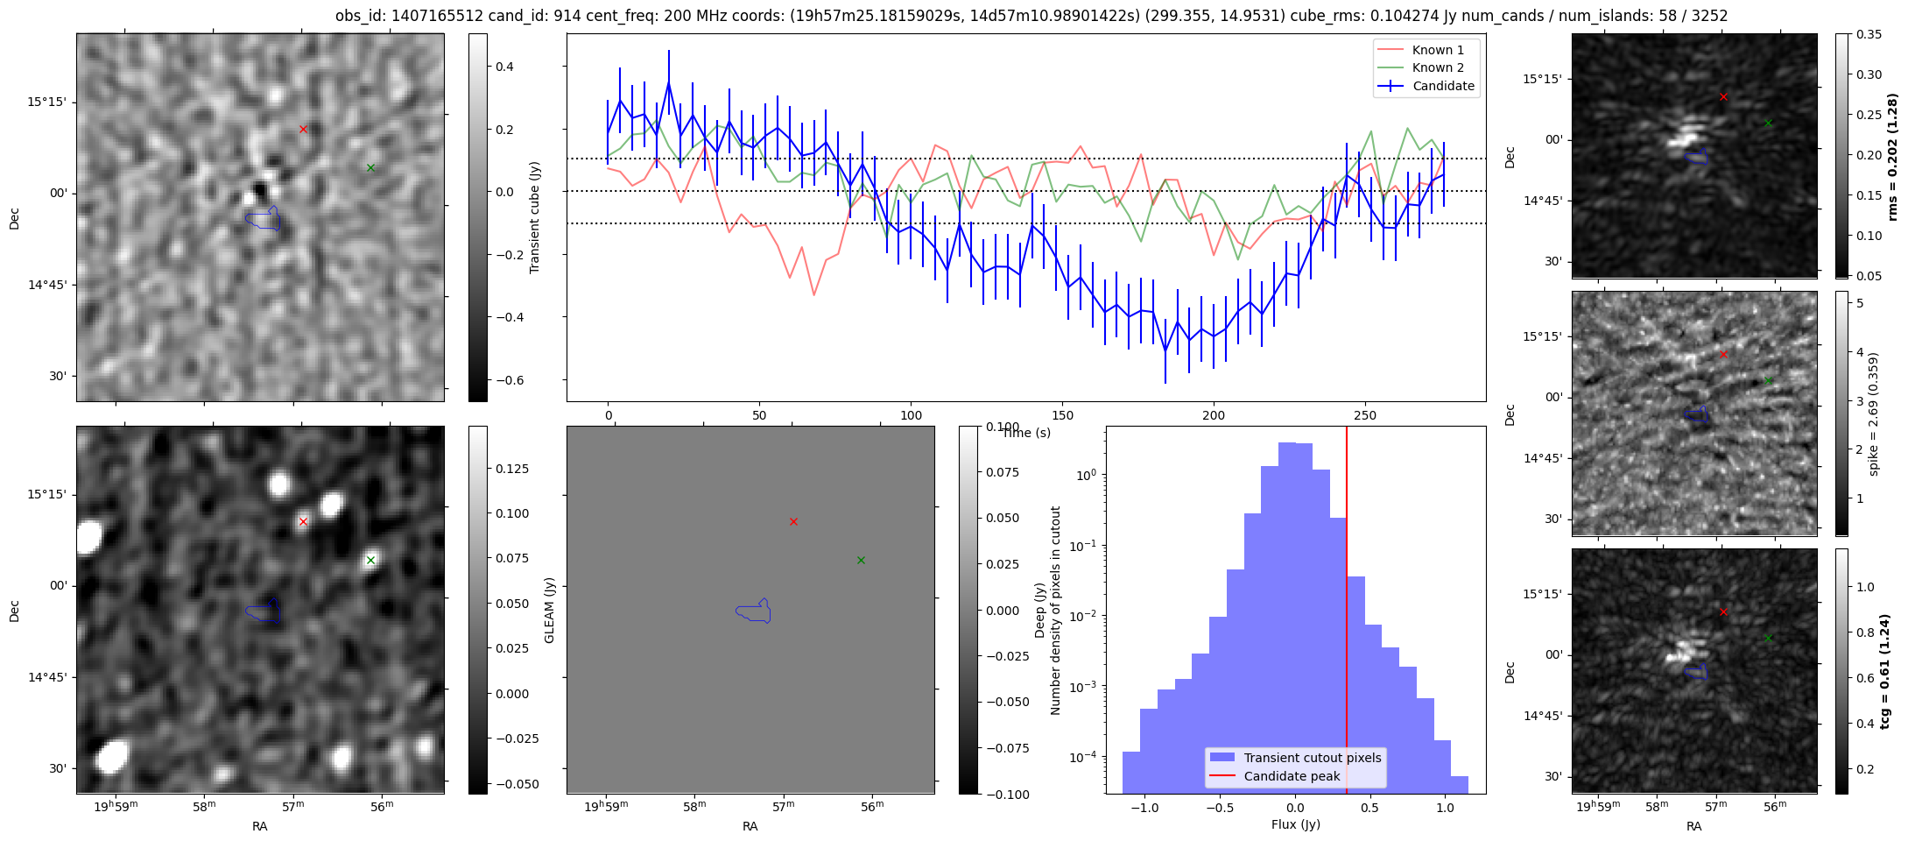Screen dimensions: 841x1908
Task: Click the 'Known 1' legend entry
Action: tap(1437, 50)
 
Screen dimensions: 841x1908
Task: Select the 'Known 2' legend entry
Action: tap(1437, 67)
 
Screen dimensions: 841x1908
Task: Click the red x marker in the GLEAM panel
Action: tap(793, 521)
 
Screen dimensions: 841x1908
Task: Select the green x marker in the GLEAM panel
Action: tap(861, 560)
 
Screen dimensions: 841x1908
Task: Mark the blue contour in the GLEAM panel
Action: tap(754, 611)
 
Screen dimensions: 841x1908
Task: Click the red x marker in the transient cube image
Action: tap(303, 129)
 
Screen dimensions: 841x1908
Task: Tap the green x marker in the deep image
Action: tap(370, 560)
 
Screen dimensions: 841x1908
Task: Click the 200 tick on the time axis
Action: tap(1214, 415)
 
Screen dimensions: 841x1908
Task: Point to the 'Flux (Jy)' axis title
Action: tap(1295, 824)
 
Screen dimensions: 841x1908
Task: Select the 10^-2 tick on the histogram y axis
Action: tap(1087, 616)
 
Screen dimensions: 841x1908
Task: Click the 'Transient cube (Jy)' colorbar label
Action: tap(535, 217)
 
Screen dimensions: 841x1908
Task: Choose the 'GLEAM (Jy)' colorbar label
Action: tap(550, 610)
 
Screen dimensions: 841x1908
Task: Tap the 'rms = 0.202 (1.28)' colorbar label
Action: tap(1892, 158)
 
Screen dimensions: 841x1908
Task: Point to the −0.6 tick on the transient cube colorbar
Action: tap(503, 380)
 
